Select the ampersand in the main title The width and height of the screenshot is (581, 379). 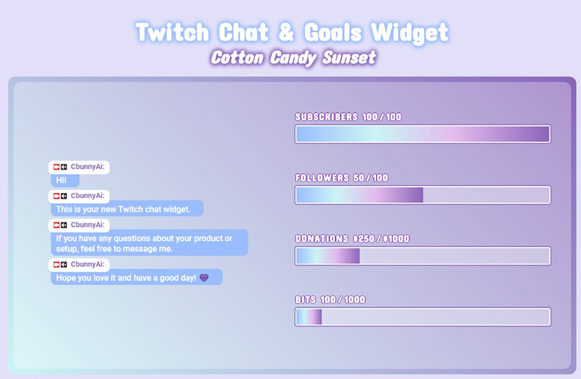(286, 33)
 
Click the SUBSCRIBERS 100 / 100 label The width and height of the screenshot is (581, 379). (348, 117)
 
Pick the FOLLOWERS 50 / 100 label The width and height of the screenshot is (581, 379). (342, 178)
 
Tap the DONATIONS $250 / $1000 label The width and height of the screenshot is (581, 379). (352, 239)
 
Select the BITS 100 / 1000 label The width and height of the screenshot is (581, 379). (330, 299)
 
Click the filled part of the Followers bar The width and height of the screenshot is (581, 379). (359, 195)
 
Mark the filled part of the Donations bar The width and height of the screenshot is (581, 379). (328, 256)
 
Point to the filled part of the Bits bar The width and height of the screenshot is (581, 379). (309, 317)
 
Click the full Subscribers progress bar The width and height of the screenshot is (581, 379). (422, 134)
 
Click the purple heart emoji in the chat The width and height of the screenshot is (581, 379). (204, 278)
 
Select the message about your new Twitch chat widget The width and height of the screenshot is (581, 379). (126, 209)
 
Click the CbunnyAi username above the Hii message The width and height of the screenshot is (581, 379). (87, 167)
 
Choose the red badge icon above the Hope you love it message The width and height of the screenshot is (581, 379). (56, 264)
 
